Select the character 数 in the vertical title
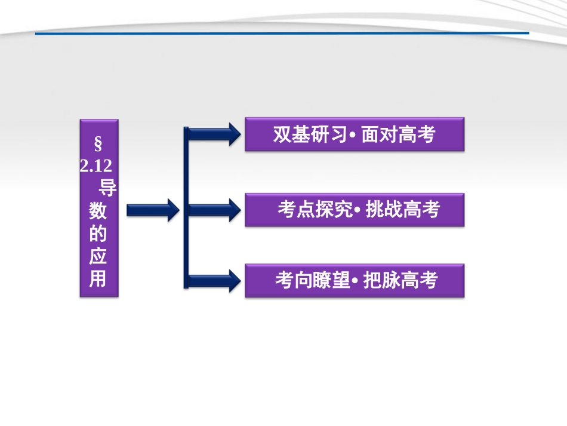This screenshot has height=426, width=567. point(98,211)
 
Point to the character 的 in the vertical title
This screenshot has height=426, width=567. point(98,234)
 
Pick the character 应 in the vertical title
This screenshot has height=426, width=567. point(98,256)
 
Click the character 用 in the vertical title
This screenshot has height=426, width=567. point(98,278)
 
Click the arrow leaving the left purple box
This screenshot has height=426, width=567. point(153,210)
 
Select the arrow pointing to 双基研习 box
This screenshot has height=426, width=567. point(212,134)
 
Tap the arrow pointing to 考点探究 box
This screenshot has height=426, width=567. point(212,210)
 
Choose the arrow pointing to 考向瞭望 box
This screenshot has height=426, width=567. point(212,280)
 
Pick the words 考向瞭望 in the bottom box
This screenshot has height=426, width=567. point(312,281)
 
